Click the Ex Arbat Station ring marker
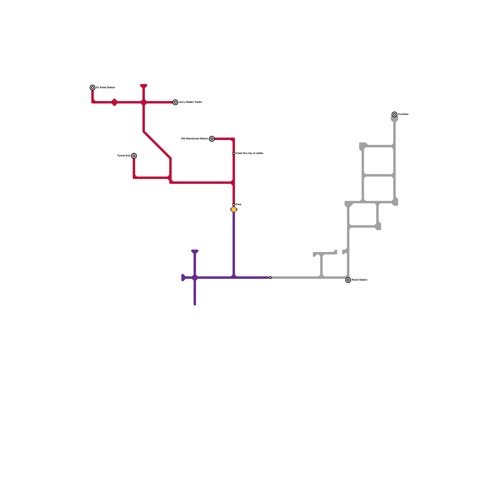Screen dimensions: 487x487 (x=93, y=88)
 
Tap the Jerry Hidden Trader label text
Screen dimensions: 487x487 (x=190, y=102)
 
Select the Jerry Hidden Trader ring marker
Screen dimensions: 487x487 (x=175, y=102)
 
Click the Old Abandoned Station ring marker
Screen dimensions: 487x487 (x=212, y=139)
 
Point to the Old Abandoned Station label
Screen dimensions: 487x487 (x=194, y=139)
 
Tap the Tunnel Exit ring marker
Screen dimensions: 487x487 (x=134, y=156)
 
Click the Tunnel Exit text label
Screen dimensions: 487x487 (x=124, y=156)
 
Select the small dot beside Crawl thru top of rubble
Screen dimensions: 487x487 (x=234, y=153)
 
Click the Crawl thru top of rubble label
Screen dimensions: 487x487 (x=249, y=153)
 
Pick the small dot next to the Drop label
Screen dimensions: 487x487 (x=234, y=205)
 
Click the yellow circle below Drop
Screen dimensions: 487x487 (x=234, y=209)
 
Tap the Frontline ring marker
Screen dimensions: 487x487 (x=394, y=114)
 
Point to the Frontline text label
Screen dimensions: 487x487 (x=403, y=114)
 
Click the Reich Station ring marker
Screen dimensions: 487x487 (x=348, y=280)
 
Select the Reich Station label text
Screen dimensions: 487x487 (x=359, y=280)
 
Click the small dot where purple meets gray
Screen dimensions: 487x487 (x=270, y=278)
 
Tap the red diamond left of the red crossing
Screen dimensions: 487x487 (x=114, y=102)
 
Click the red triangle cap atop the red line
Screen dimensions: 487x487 (x=144, y=86)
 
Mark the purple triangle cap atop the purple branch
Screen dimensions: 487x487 (x=195, y=252)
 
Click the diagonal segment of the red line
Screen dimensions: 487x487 (x=157, y=145)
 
